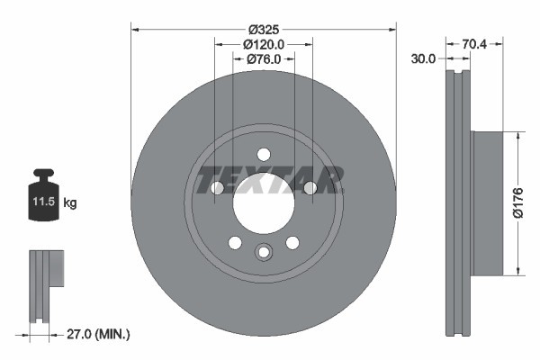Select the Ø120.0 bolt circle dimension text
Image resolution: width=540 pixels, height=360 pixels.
[264, 43]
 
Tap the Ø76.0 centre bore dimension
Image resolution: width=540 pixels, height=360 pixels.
[264, 59]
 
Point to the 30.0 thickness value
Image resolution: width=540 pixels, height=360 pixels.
[423, 59]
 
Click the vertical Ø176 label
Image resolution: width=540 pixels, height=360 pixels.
[529, 203]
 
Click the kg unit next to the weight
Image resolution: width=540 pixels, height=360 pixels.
[70, 204]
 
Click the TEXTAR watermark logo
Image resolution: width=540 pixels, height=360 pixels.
[269, 179]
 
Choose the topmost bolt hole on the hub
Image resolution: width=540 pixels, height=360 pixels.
[263, 154]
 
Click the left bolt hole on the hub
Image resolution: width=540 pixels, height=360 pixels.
[217, 187]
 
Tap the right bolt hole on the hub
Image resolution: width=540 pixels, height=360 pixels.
[310, 187]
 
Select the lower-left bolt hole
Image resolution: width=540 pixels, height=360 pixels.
[235, 242]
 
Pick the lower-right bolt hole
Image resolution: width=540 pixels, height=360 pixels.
[292, 242]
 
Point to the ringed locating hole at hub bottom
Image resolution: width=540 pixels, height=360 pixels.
[263, 253]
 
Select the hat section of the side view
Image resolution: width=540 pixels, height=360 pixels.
[487, 203]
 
